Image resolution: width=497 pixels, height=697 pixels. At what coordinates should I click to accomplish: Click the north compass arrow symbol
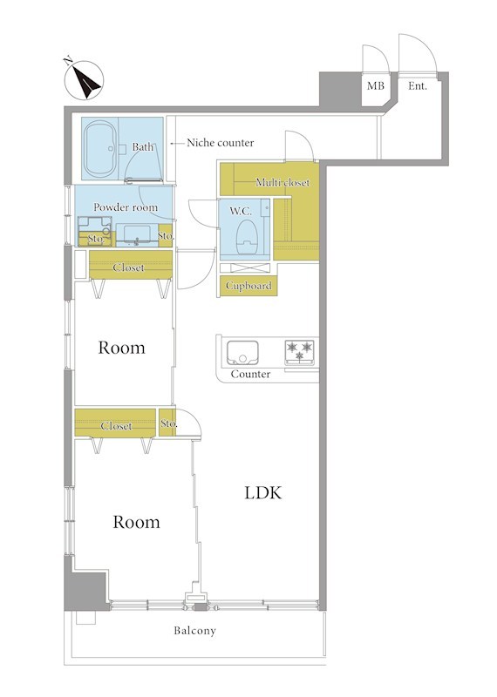click(x=84, y=80)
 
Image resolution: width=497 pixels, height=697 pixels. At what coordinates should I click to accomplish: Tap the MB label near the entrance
click(x=376, y=85)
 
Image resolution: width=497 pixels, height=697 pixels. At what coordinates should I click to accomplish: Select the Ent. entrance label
click(x=418, y=85)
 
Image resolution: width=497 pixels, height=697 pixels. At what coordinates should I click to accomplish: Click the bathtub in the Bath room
click(x=101, y=149)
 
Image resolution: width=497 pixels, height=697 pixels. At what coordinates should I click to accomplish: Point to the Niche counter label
click(x=221, y=143)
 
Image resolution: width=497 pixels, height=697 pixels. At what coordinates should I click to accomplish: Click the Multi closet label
click(x=283, y=182)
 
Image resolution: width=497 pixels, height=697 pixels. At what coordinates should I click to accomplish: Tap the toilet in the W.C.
click(x=246, y=238)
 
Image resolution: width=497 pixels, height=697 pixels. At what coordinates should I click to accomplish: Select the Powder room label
click(x=126, y=207)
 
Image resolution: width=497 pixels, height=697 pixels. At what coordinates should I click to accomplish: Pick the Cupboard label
click(x=248, y=286)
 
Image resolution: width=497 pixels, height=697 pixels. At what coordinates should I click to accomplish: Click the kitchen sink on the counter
click(x=242, y=353)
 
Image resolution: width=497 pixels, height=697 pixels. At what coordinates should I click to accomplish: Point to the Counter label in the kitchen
click(x=250, y=374)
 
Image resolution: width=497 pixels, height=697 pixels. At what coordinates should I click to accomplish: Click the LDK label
click(x=263, y=492)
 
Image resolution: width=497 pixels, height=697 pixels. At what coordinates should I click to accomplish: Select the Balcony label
click(x=195, y=630)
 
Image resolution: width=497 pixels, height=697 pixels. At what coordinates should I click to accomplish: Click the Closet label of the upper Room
click(x=128, y=267)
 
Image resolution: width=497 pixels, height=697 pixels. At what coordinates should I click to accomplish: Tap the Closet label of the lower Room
click(x=116, y=426)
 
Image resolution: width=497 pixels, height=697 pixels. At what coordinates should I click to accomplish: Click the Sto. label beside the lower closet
click(x=168, y=423)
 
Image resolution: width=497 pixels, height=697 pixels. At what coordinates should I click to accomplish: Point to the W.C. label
click(x=241, y=211)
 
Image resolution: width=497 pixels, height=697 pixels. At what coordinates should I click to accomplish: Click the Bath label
click(x=143, y=146)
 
